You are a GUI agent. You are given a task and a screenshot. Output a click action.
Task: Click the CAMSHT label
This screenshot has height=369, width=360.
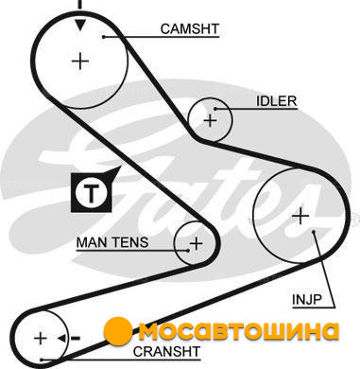[189, 29]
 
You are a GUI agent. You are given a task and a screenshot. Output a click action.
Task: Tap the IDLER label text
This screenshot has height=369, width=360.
[277, 101]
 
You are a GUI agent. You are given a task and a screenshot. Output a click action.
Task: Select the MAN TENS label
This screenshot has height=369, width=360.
[112, 242]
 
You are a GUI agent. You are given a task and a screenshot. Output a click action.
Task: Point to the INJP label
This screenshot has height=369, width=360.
[307, 299]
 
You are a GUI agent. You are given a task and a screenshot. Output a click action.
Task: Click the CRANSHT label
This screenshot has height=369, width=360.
[166, 351]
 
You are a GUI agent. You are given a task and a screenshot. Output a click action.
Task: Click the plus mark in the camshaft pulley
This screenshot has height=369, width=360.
[80, 61]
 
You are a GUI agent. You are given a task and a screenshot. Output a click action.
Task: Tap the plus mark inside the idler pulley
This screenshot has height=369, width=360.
[210, 120]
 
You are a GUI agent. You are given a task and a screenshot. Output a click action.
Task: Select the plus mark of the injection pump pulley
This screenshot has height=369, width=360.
[300, 216]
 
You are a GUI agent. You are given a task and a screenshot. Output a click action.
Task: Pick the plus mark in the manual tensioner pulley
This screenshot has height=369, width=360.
[196, 243]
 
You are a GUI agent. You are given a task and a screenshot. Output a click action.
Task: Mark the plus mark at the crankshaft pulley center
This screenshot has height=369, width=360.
[41, 339]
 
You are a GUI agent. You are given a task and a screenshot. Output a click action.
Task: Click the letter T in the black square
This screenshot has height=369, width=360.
[92, 192]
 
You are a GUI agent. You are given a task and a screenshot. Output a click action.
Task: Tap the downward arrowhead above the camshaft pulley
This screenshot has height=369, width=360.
[80, 25]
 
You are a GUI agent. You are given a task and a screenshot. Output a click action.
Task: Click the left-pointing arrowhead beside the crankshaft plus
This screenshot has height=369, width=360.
[61, 339]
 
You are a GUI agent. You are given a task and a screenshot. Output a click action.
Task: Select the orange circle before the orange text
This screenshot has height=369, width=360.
[118, 330]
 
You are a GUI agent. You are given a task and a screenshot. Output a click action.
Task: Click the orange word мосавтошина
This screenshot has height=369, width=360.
[238, 331]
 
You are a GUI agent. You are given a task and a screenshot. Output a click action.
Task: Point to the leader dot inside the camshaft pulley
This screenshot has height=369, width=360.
[103, 37]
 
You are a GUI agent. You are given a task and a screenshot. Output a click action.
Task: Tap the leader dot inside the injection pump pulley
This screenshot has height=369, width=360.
[314, 232]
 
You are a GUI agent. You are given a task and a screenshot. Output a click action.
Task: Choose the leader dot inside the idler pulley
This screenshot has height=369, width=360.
[215, 109]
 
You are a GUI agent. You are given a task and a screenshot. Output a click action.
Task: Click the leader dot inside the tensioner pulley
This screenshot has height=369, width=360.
[188, 251]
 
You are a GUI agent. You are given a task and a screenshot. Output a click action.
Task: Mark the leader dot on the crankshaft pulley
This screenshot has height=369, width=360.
[42, 360]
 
